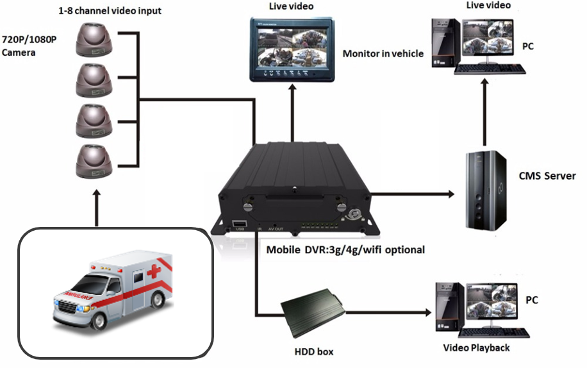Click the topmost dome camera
tap(94, 39)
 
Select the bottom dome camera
tap(94, 161)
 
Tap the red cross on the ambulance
tap(154, 271)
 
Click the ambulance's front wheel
tap(99, 321)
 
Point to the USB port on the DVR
tap(239, 224)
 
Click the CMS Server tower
tap(486, 190)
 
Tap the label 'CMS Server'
tap(547, 176)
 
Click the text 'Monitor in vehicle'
tap(383, 54)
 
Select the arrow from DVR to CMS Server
tap(412, 194)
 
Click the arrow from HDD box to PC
tap(388, 312)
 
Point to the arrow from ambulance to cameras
tap(97, 208)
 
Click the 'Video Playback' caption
tap(476, 347)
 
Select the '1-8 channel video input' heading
tap(110, 10)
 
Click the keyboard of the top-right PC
tap(490, 69)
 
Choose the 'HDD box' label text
tap(314, 351)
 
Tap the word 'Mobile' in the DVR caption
tap(283, 249)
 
